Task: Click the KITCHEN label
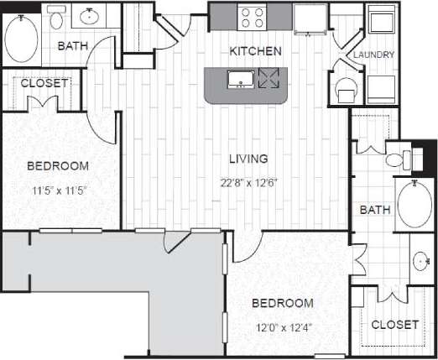pyautogui.click(x=255, y=52)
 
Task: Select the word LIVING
pyautogui.click(x=250, y=158)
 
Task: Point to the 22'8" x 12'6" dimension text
pyautogui.click(x=249, y=180)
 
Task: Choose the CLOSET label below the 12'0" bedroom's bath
pyautogui.click(x=394, y=324)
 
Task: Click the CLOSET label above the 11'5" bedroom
pyautogui.click(x=44, y=83)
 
